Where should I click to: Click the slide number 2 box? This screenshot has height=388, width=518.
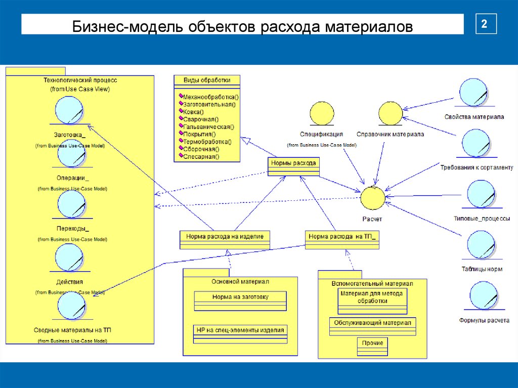coord(485,24)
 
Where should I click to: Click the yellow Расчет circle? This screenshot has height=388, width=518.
coord(373,198)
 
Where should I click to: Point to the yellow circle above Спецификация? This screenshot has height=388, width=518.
coord(321,114)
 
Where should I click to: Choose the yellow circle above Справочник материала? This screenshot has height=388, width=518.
coord(390,114)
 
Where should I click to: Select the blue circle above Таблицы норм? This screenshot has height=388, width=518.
coord(481,245)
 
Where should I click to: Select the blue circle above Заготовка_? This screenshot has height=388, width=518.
coord(69,110)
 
